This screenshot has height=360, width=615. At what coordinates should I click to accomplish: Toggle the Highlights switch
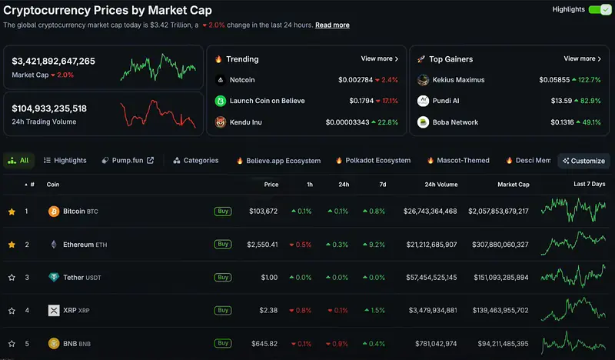coord(600,10)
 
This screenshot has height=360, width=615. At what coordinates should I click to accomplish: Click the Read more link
coord(332,25)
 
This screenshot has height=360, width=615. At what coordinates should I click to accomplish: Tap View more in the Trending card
coord(379,58)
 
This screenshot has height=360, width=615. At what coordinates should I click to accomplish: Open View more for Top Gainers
coord(582,58)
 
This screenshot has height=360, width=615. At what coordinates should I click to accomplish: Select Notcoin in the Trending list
coord(242,80)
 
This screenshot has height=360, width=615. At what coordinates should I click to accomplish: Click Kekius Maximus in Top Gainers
coord(458,80)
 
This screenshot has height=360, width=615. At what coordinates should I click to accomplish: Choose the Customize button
coord(583,161)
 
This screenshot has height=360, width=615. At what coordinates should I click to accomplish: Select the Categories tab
coord(196,160)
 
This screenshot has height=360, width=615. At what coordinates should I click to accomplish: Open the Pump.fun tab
coord(128,160)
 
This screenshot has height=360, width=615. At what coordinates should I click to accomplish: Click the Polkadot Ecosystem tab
coord(374,160)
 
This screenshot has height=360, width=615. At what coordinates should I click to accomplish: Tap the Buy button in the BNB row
coord(223,343)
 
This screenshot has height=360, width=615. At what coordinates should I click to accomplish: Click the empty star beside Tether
coord(12,278)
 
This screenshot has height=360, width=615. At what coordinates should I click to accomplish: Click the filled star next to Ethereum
coord(12,245)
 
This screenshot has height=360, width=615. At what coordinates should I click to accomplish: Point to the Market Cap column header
coord(514,185)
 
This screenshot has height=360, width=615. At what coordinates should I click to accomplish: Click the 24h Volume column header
coord(440,185)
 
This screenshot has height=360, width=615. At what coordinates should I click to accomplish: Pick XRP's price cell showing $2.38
coord(268,310)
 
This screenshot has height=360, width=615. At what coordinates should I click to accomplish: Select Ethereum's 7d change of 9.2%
coord(374,245)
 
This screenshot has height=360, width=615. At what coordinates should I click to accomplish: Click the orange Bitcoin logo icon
coord(54,212)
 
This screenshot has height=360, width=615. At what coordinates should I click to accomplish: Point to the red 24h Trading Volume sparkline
coord(158,113)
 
